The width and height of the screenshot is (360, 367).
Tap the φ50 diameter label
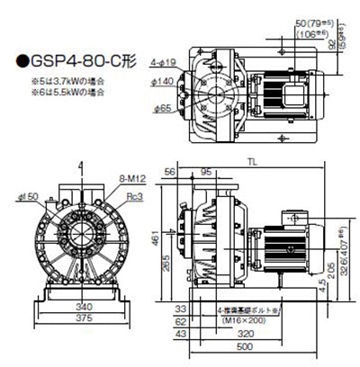click(30, 196)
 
